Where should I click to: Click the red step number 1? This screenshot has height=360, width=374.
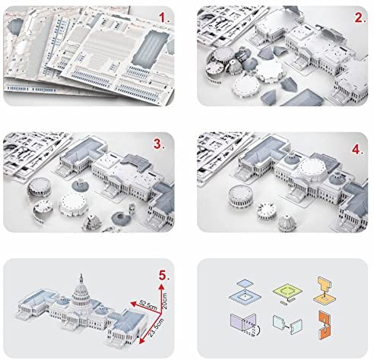(x=164, y=17)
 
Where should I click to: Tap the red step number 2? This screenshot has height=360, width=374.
(x=360, y=17)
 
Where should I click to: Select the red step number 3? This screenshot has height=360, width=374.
(x=159, y=144)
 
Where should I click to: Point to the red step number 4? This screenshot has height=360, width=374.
(x=358, y=150)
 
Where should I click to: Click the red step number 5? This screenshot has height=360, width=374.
(x=164, y=275)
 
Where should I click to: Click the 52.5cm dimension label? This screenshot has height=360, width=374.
(x=148, y=305)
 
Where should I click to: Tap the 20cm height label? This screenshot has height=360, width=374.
(x=164, y=302)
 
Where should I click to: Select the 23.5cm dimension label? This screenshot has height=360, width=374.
(x=156, y=327)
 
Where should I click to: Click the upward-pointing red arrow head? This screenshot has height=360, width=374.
(x=161, y=286)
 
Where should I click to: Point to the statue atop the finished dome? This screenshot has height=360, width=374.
(x=81, y=278)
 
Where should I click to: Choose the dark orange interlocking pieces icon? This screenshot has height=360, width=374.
(x=325, y=324)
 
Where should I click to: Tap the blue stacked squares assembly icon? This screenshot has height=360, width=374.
(x=245, y=292)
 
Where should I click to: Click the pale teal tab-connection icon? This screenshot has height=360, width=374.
(x=287, y=325)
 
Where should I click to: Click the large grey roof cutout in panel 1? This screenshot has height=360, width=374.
(x=151, y=48)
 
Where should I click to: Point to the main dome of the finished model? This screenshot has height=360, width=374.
(x=81, y=295)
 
